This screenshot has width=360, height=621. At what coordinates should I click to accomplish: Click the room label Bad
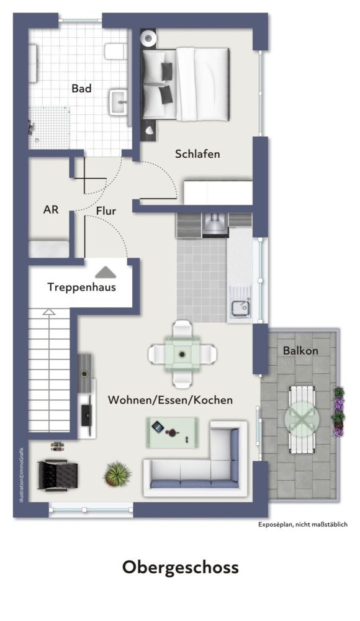tap(81, 88)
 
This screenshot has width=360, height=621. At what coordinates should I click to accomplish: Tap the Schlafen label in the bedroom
tap(197, 153)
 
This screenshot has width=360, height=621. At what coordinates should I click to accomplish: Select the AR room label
tap(51, 210)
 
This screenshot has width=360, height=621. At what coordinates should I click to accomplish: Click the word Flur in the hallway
tap(106, 211)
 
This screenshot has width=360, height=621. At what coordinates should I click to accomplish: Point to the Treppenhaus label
tap(81, 288)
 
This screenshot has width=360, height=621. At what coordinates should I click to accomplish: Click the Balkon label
tap(300, 351)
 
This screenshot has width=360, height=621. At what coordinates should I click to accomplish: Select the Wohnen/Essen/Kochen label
tap(170, 400)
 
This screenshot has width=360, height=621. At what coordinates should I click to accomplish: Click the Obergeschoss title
tap(180, 568)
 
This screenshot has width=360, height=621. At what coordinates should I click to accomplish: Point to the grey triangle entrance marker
tap(106, 273)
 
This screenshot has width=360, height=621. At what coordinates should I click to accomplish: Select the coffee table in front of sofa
tap(173, 430)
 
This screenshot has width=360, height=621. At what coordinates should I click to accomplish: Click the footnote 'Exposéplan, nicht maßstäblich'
tap(302, 525)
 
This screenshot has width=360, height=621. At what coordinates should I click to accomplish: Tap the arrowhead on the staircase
tap(48, 313)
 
